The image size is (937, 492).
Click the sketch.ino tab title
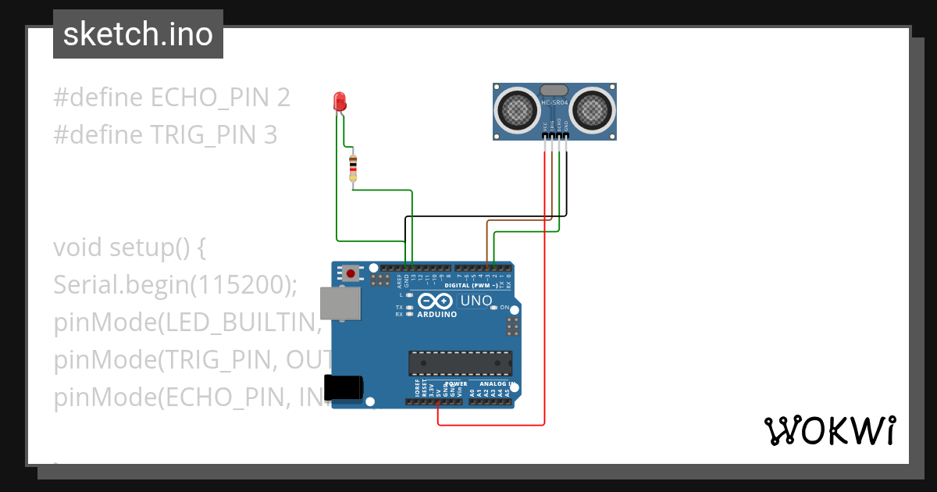pos(138,34)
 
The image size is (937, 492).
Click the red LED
pos(340,101)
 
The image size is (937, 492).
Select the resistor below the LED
pos(353,167)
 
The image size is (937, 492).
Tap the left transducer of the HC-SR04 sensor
pos(517,109)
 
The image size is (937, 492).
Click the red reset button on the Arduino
pos(351,273)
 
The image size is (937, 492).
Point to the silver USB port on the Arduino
pos(340,303)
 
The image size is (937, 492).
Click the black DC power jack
pos(344,387)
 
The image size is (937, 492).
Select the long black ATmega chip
pos(461,363)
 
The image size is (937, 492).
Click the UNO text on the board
pos(476,301)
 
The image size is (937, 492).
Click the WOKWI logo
pos(829,430)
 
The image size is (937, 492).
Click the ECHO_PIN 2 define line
pos(172,98)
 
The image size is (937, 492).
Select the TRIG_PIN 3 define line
pos(166,135)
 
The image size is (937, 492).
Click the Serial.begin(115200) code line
pos(176,285)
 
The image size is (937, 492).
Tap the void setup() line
pos(130,248)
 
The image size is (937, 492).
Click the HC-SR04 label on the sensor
pos(554,103)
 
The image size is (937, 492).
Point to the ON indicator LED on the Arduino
pos(494,308)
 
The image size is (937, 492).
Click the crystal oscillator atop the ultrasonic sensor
pos(554,91)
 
